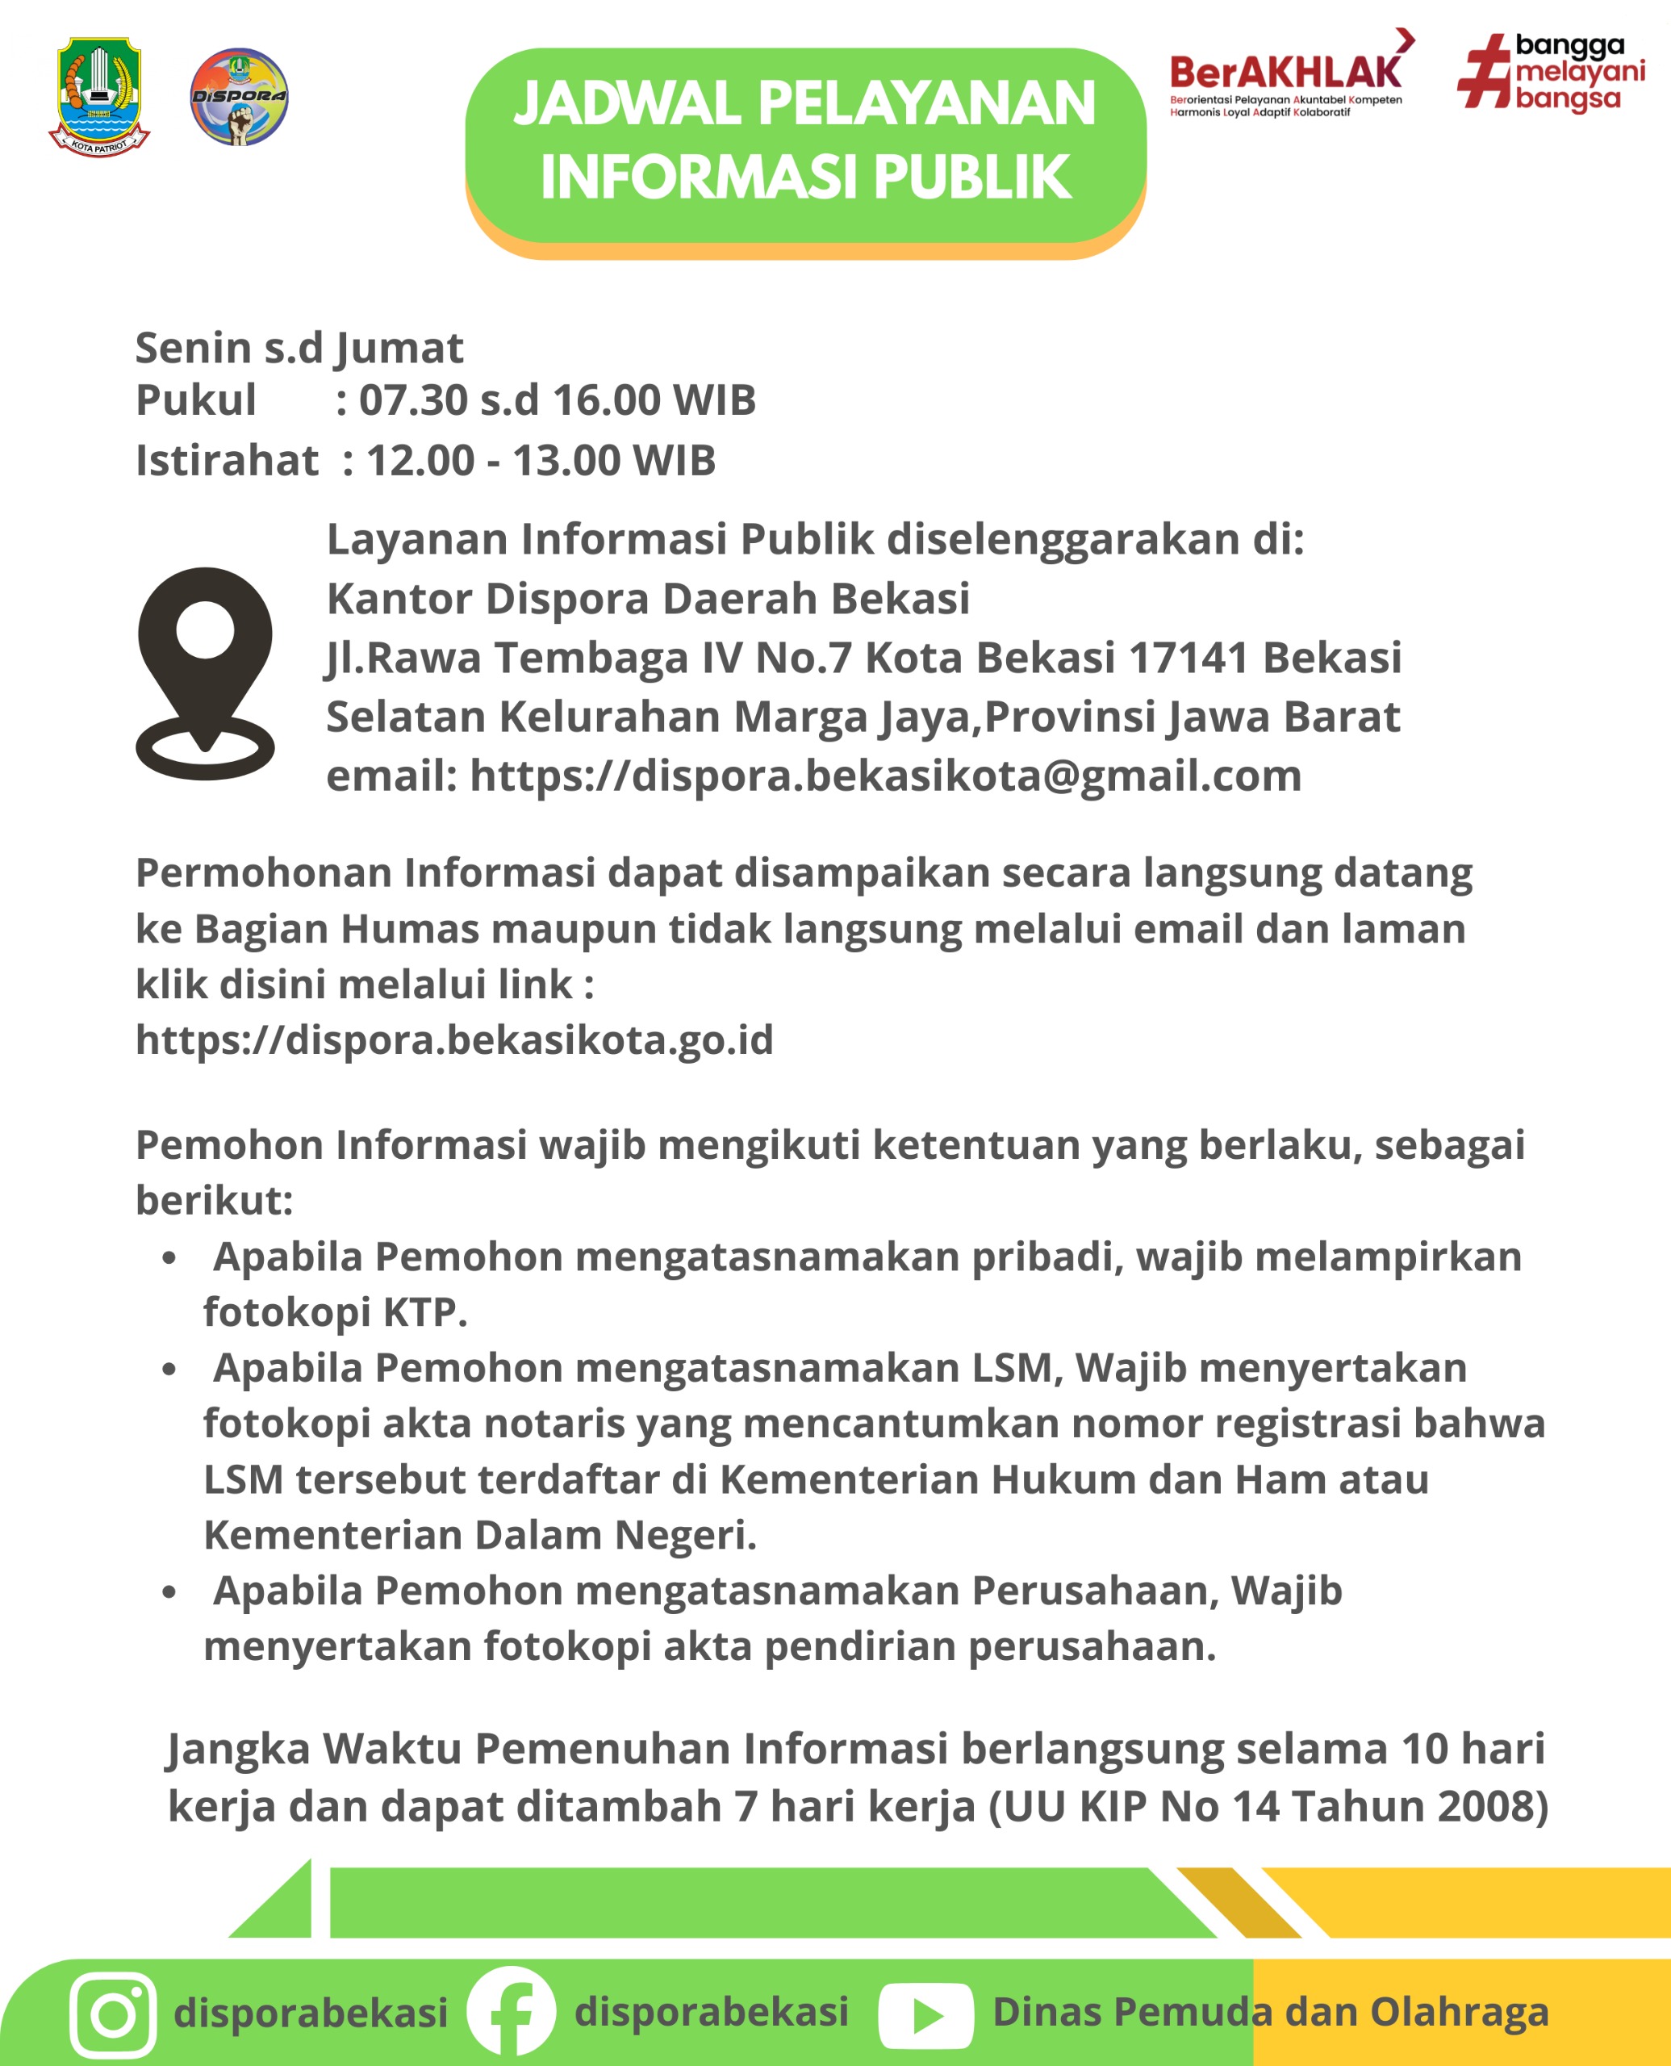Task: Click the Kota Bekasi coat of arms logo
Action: (99, 96)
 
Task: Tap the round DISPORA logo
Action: (239, 96)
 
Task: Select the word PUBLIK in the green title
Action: (972, 178)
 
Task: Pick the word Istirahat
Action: (226, 461)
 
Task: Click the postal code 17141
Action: (1188, 658)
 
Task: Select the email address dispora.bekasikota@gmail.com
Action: (886, 776)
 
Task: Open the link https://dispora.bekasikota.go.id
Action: (454, 1039)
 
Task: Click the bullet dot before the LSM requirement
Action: (169, 1369)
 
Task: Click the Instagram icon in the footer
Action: (114, 2014)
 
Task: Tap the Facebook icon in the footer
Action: (511, 2011)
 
